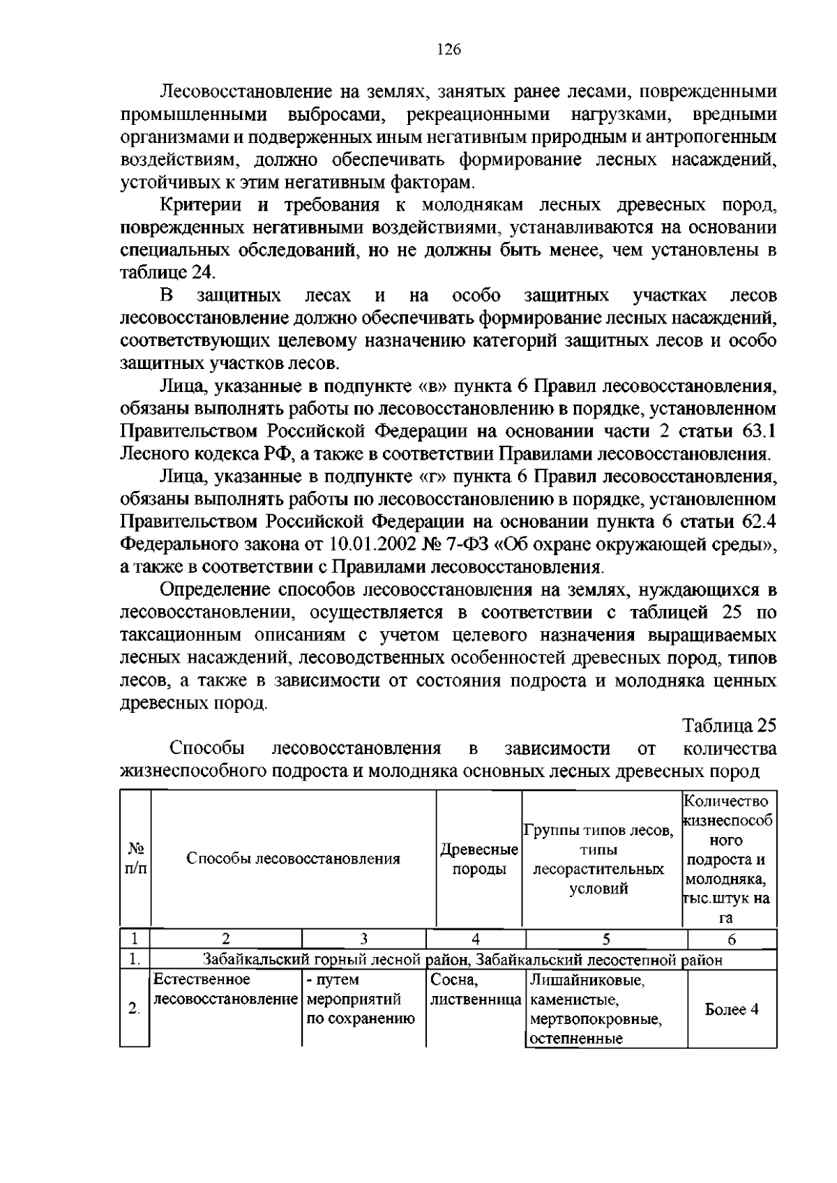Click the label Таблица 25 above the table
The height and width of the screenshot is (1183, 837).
(729, 725)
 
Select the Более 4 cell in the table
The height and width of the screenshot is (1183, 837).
(731, 1009)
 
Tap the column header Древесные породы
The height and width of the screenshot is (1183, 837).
(478, 859)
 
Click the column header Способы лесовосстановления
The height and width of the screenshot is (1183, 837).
(293, 859)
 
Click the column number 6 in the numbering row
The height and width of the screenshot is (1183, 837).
(731, 939)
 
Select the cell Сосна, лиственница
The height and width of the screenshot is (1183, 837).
(475, 990)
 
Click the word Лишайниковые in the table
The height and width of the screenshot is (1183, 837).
(587, 981)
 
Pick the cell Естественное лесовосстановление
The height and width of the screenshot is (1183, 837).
(225, 990)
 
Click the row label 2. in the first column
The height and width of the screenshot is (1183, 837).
(134, 1009)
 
